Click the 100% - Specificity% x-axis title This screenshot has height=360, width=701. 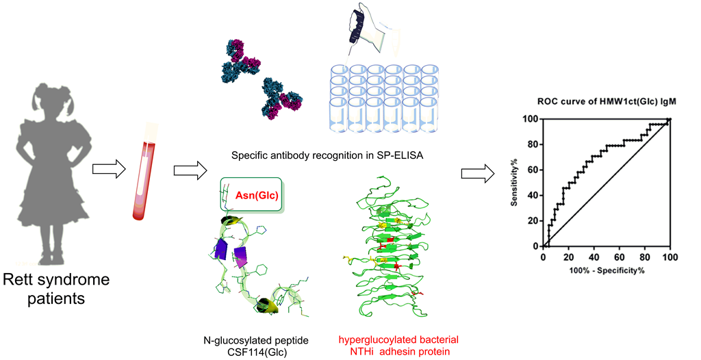pos(606,271)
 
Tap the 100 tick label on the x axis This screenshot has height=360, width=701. pos(670,257)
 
